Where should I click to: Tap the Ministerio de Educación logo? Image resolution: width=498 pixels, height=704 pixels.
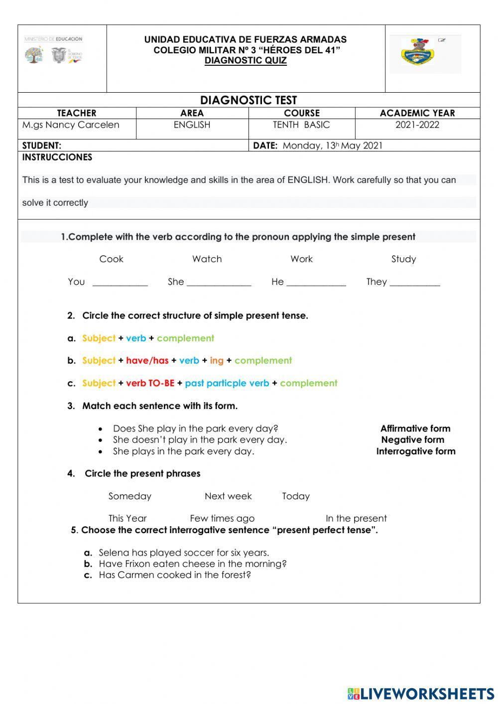pyautogui.click(x=54, y=50)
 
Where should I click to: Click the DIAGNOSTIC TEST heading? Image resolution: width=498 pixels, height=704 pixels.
pyautogui.click(x=249, y=100)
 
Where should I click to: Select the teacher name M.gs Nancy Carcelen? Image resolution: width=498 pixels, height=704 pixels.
pyautogui.click(x=71, y=125)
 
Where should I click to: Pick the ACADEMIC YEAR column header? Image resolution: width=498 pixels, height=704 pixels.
pyautogui.click(x=417, y=113)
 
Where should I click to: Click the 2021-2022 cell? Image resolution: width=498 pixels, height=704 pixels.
pyautogui.click(x=417, y=125)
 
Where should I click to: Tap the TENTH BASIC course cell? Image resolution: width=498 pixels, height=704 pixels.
pyautogui.click(x=301, y=125)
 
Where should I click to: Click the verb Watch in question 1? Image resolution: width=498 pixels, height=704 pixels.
pyautogui.click(x=207, y=259)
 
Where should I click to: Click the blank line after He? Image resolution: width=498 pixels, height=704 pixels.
pyautogui.click(x=316, y=283)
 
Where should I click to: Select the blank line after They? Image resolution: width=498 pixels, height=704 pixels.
pyautogui.click(x=415, y=283)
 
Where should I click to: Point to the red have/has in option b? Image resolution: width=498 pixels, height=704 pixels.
pyautogui.click(x=147, y=360)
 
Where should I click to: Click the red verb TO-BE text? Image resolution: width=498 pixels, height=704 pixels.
pyautogui.click(x=150, y=383)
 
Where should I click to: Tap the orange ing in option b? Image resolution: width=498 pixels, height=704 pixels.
pyautogui.click(x=217, y=360)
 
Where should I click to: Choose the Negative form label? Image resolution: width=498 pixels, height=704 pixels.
pyautogui.click(x=412, y=440)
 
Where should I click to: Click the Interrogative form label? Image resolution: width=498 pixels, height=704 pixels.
pyautogui.click(x=416, y=451)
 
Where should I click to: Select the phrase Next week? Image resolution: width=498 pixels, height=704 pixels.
pyautogui.click(x=228, y=496)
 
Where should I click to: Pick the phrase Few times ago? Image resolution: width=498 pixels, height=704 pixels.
pyautogui.click(x=222, y=519)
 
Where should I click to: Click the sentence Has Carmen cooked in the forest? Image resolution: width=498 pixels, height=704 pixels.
pyautogui.click(x=175, y=575)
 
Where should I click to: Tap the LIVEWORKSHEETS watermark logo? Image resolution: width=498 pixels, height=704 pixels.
pyautogui.click(x=421, y=694)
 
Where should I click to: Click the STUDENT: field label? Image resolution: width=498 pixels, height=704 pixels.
pyautogui.click(x=42, y=145)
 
